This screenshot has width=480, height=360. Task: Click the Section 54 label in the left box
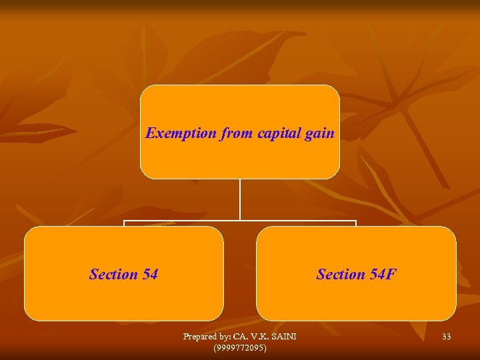click(123, 274)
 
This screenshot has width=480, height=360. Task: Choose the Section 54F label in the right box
click(357, 274)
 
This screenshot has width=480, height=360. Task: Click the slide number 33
click(446, 337)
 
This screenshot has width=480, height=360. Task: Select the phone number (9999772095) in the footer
click(239, 348)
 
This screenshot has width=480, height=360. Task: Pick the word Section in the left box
click(113, 274)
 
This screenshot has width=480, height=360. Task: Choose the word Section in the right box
click(341, 274)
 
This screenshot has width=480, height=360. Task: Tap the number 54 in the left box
click(149, 274)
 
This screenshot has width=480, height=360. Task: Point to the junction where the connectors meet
click(240, 221)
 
